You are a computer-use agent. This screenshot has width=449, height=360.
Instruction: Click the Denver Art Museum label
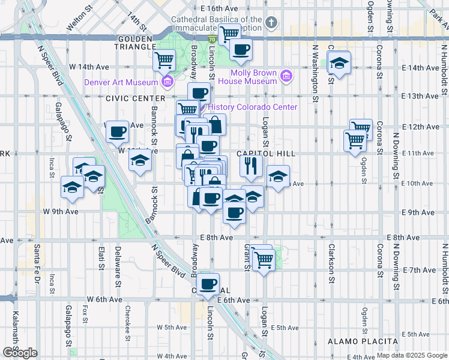coord(121,83)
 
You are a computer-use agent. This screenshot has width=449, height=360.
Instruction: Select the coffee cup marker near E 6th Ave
coord(208,284)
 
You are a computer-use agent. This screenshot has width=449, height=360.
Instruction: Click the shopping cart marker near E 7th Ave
coord(263,260)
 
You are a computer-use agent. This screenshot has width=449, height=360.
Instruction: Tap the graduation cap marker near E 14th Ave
coord(339,63)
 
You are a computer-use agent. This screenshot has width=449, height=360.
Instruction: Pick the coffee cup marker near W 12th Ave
coord(117,131)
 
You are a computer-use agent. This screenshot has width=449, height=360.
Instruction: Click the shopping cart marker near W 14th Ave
coord(163,60)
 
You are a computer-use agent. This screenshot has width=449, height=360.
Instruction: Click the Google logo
coord(20,353)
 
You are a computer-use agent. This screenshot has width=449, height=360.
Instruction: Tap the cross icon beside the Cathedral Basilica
coord(271,23)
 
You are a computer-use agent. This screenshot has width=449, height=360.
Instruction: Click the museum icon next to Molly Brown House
coord(286,77)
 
